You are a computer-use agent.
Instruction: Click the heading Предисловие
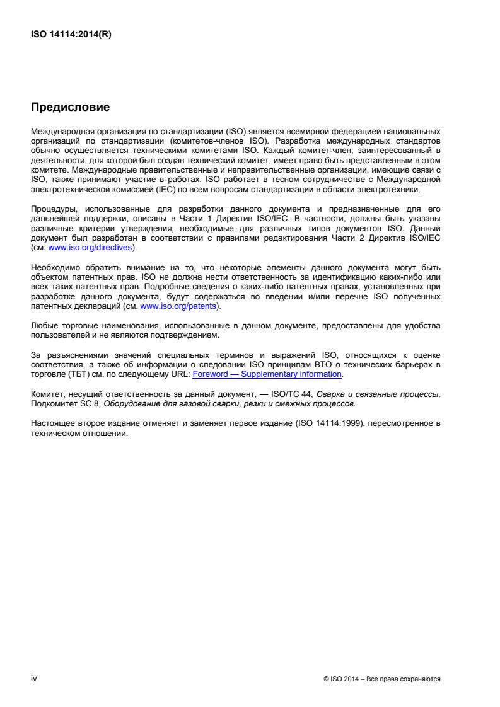70,108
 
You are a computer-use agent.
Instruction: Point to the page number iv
34,679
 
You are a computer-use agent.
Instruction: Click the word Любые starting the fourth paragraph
44,326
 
